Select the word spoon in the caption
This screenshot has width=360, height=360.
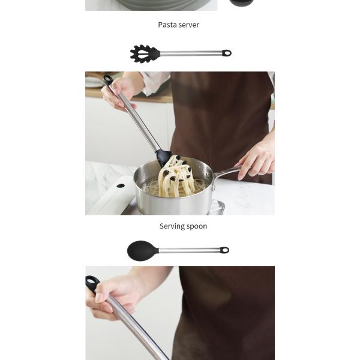point(197,227)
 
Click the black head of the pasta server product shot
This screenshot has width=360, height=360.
point(145,53)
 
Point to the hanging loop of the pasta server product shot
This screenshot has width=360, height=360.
point(227,53)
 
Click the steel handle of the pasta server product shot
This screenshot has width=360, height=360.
point(191,53)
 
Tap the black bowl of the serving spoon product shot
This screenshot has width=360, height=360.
point(143,250)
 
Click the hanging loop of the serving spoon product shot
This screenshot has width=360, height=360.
point(224,250)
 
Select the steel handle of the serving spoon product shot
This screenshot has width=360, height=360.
point(190,250)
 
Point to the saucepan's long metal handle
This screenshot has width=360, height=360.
point(226,172)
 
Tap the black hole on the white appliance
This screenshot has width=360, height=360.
point(121,185)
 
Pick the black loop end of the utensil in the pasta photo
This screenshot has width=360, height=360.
point(107,80)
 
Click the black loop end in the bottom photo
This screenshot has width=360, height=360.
point(92,283)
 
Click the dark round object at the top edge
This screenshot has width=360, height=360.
point(242,3)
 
